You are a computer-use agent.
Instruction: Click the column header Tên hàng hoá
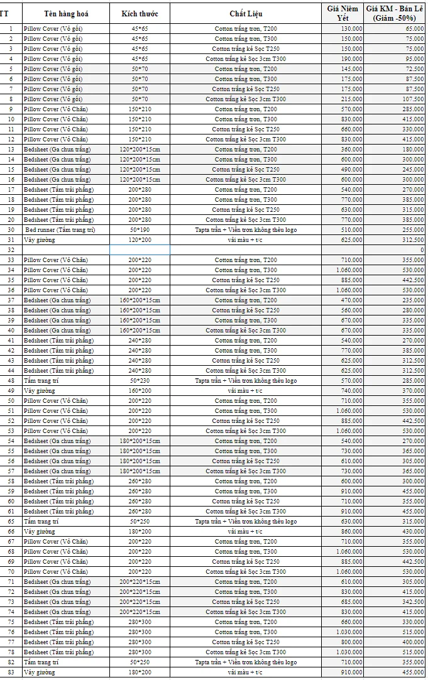[65, 13]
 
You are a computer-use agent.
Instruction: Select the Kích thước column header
[140, 13]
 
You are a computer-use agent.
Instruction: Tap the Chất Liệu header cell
[246, 13]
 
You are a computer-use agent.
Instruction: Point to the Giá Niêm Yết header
[343, 13]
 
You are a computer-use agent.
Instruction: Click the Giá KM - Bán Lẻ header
[395, 13]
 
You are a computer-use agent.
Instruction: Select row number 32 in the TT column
[11, 250]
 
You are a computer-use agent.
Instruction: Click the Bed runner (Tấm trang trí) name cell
[60, 229]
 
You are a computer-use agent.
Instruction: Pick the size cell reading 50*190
[140, 229]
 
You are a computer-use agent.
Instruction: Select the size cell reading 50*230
[140, 380]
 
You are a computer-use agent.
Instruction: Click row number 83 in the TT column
[11, 672]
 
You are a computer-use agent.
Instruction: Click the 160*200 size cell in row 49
[140, 390]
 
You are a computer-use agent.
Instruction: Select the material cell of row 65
[246, 521]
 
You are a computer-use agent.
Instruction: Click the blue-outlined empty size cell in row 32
[140, 250]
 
